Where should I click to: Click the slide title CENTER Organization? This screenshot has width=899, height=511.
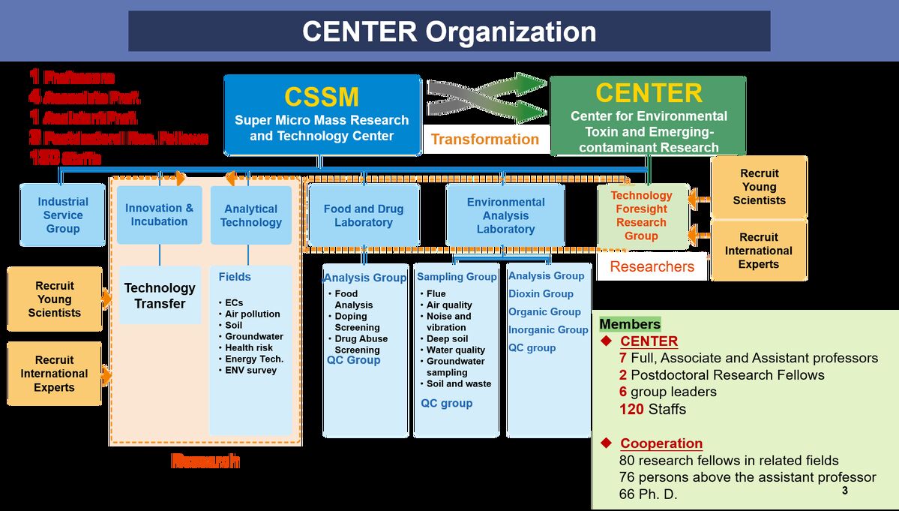[x=449, y=32]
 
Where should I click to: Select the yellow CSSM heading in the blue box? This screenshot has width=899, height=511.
[x=322, y=97]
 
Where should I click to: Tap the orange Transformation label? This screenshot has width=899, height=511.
[x=484, y=139]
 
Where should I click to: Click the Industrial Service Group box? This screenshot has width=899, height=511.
[x=63, y=215]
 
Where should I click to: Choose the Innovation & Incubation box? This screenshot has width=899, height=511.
[x=159, y=215]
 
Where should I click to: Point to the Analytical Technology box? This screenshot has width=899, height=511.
[x=251, y=215]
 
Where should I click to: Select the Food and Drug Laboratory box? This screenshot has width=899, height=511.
[x=364, y=215]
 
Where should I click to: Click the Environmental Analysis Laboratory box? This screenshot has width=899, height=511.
[x=505, y=215]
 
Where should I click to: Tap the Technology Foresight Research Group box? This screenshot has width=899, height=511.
[x=641, y=215]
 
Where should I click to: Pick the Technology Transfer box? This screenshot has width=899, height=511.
[x=160, y=296]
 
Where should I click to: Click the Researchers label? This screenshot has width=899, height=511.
[x=652, y=266]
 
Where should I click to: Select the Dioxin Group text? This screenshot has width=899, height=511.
[x=541, y=294]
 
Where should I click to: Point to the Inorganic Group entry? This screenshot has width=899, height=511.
[x=548, y=330]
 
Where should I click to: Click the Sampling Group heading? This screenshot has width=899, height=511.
[x=457, y=277]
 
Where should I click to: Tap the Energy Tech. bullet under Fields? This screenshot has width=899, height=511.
[x=254, y=359]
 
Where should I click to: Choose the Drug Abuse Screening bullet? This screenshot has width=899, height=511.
[x=361, y=344]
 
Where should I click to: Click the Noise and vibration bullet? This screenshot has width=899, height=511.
[x=448, y=322]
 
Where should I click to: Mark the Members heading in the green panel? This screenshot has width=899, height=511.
[x=630, y=324]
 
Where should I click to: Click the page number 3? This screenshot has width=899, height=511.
[x=844, y=491]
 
